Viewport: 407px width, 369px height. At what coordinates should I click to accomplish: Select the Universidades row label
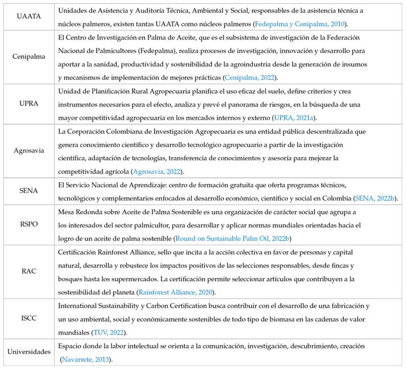click(29, 352)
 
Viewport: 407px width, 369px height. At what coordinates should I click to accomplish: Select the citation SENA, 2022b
click(375, 198)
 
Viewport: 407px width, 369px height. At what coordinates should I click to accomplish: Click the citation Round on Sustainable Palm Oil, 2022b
click(233, 238)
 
